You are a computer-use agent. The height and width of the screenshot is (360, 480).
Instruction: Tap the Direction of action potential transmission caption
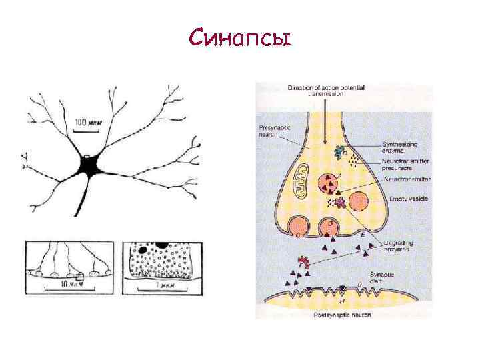point(321,91)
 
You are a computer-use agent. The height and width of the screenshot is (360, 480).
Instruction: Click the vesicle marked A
point(329,183)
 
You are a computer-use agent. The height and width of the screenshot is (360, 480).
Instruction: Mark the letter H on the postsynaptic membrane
point(342,301)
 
